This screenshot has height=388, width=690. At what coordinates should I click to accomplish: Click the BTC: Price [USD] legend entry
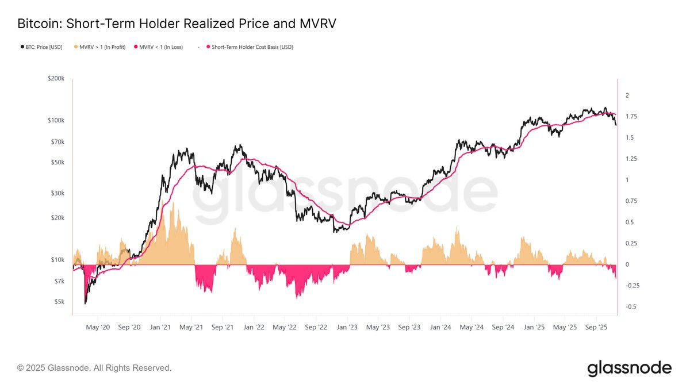tap(40, 47)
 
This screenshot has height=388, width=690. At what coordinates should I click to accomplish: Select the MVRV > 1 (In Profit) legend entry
tap(101, 47)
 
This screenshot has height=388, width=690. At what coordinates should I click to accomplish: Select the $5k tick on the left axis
tap(59, 301)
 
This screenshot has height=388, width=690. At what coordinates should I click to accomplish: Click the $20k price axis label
tap(57, 218)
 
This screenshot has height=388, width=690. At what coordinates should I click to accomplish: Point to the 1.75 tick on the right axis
tap(631, 117)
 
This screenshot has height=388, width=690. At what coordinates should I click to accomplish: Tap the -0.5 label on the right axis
tap(631, 306)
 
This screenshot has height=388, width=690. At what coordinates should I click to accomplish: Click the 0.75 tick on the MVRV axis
tap(631, 201)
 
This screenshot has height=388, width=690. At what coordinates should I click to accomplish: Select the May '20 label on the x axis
tap(98, 326)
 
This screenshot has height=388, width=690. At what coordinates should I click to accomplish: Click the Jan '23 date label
tap(347, 326)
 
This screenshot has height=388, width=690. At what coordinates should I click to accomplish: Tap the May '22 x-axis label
tap(284, 326)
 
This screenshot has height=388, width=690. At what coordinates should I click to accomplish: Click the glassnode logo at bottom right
tap(629, 368)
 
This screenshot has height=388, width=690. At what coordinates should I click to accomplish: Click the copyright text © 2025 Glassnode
tap(94, 368)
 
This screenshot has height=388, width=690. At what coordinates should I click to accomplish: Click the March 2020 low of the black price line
tap(86, 302)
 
